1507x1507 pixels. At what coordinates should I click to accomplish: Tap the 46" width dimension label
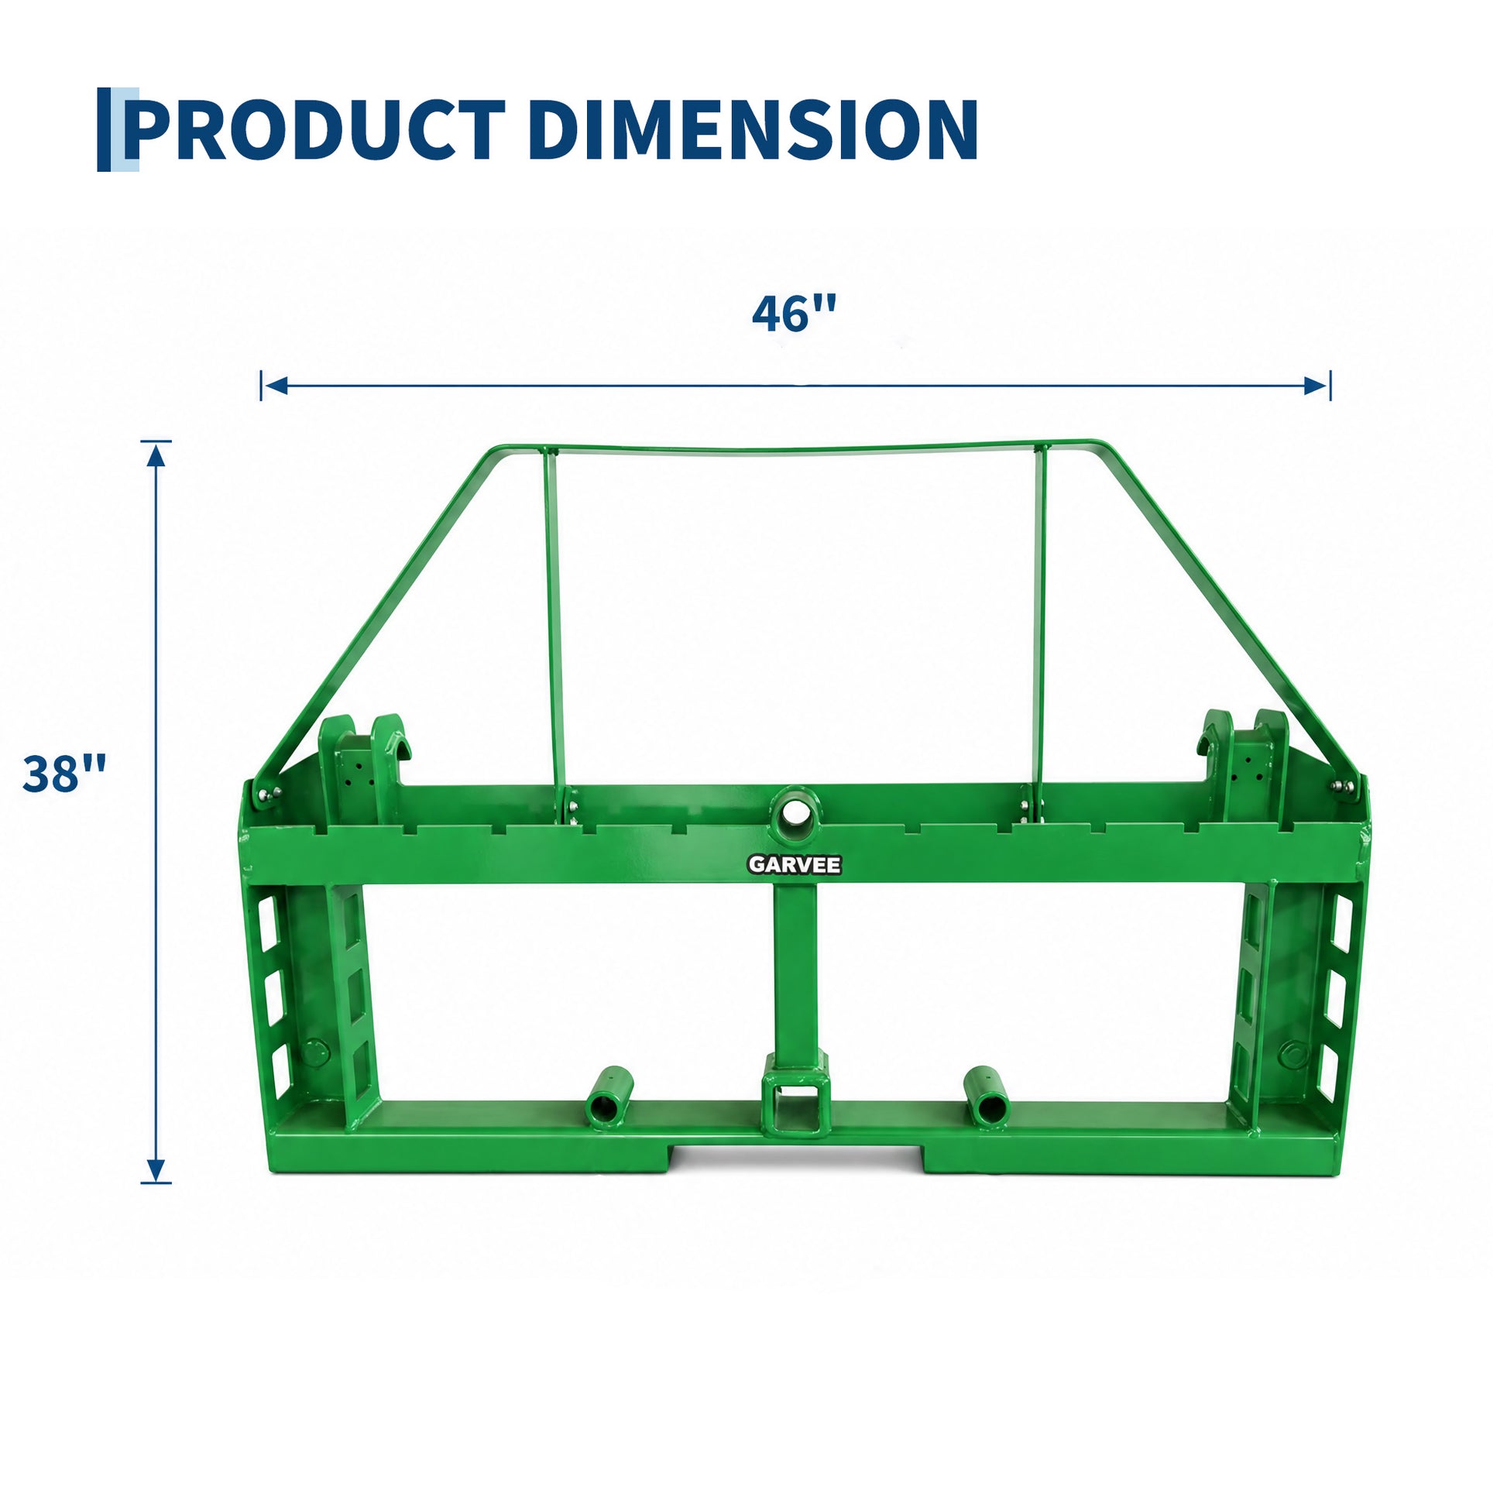(794, 314)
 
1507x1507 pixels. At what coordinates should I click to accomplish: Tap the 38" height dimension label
(64, 774)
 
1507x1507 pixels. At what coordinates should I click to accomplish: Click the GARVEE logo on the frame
(794, 864)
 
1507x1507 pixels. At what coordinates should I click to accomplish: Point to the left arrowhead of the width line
(275, 386)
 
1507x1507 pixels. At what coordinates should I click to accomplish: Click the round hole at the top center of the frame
(794, 812)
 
